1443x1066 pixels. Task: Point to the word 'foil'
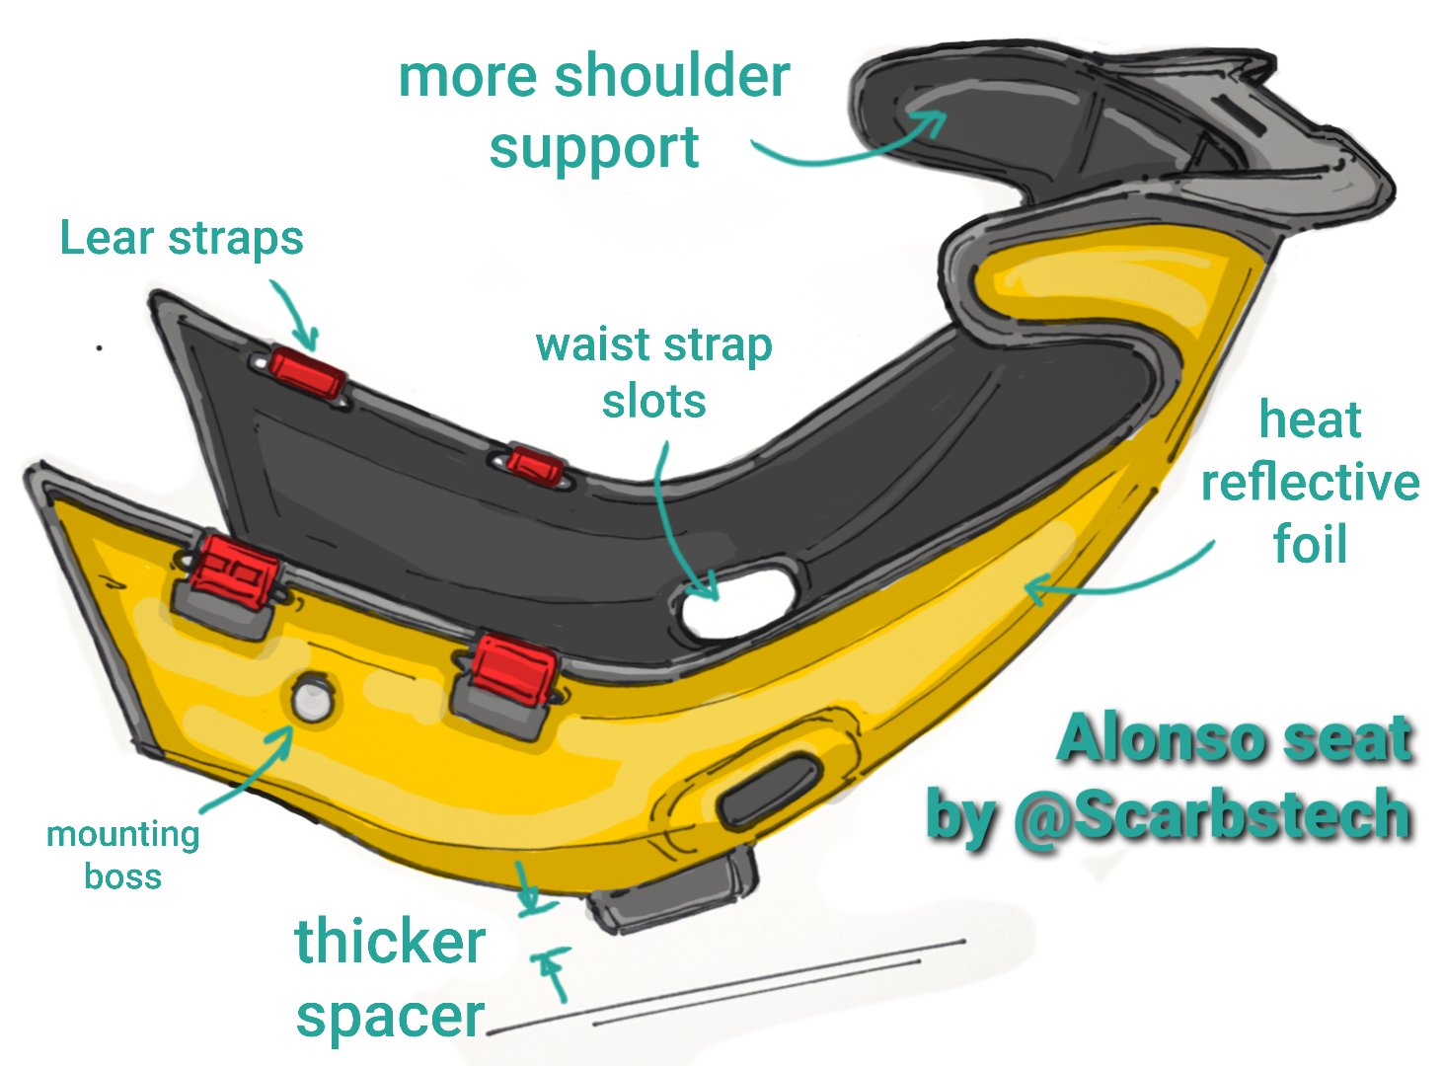1310,544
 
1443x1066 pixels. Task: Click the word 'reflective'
1310,483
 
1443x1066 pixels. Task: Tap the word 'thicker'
390,941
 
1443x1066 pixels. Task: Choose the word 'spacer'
390,1017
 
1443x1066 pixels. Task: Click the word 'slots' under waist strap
653,402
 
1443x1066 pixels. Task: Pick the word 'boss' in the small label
122,876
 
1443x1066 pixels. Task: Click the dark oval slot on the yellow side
771,791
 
